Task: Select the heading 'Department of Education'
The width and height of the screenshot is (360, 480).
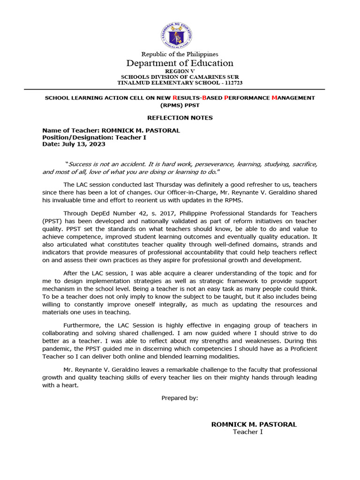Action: [180, 63]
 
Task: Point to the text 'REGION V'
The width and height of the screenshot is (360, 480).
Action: [180, 71]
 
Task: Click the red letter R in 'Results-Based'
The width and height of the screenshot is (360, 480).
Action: [175, 97]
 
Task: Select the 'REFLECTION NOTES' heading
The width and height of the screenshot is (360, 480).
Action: [180, 118]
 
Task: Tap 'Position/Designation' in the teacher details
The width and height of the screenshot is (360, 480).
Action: [75, 137]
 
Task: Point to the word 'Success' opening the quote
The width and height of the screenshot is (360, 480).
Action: [81, 164]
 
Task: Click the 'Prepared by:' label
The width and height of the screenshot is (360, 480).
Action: [180, 398]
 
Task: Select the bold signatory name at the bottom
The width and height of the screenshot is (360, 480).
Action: [254, 424]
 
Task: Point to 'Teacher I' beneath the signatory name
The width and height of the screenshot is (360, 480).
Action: [248, 432]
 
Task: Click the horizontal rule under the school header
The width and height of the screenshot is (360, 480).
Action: [180, 89]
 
